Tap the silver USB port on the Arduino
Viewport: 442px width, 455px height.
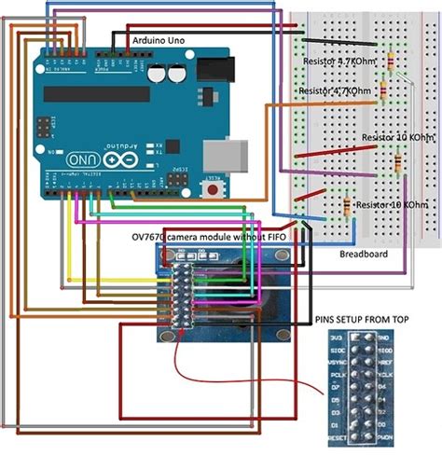(234, 155)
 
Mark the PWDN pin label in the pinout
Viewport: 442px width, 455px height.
(386, 435)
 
